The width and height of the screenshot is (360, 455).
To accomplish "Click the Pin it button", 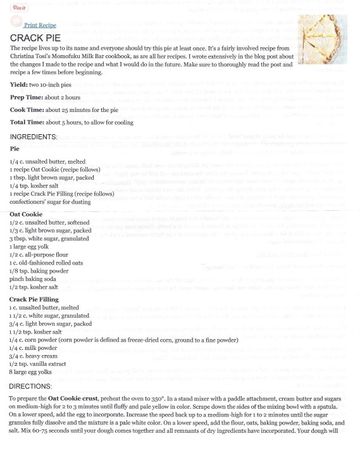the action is (x=19, y=8).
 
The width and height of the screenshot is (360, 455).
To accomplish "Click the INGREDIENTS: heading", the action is (x=42, y=137).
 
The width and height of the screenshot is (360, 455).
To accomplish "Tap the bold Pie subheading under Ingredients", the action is (x=15, y=149).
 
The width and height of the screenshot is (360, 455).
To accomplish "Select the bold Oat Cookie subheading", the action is (x=27, y=215).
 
